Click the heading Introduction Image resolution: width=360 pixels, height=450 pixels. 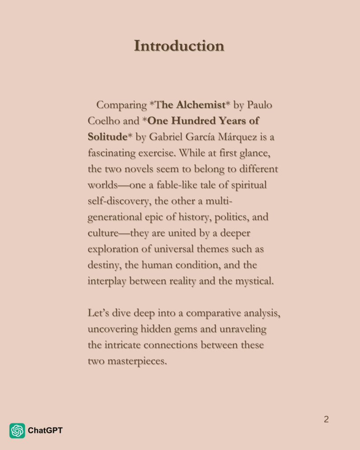pyautogui.click(x=179, y=46)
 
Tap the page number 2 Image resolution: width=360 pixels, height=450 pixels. pyautogui.click(x=326, y=419)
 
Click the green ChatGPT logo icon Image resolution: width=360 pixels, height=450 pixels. pyautogui.click(x=17, y=431)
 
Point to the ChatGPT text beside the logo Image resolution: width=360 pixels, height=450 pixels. pyautogui.click(x=45, y=431)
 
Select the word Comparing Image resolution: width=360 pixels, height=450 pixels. pyautogui.click(x=121, y=105)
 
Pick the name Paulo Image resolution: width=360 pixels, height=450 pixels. pyautogui.click(x=259, y=105)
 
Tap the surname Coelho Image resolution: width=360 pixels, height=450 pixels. pyautogui.click(x=104, y=121)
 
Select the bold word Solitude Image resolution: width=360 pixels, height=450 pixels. pyautogui.click(x=107, y=137)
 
